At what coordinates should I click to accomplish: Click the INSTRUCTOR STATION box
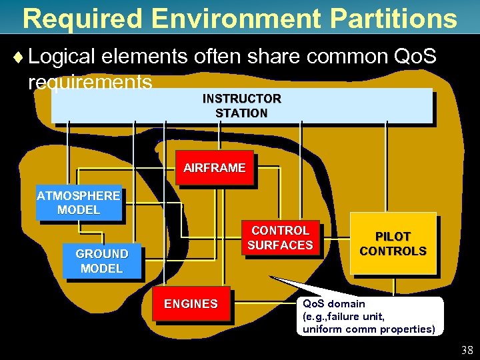click(241, 106)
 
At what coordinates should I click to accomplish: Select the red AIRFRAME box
click(215, 168)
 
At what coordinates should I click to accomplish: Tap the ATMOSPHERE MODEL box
click(79, 203)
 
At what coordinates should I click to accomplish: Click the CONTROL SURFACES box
click(279, 238)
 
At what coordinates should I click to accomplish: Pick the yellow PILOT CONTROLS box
click(393, 244)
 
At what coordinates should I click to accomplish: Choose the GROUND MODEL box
click(101, 261)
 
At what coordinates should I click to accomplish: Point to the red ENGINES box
click(191, 304)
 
